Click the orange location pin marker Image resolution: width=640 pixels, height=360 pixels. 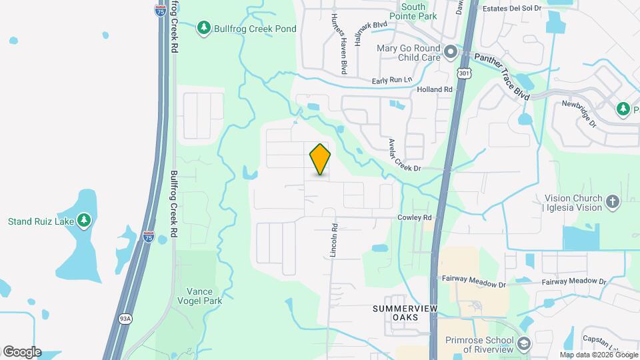tap(321, 159)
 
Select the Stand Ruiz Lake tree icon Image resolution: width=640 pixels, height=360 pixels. tap(83, 220)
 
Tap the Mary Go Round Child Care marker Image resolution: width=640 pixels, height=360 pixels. tap(451, 51)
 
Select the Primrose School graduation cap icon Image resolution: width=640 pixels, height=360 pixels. tap(524, 344)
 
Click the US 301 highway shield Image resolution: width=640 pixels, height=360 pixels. tap(464, 71)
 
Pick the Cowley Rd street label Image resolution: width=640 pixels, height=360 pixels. tap(415, 218)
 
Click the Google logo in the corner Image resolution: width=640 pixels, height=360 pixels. tap(22, 352)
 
